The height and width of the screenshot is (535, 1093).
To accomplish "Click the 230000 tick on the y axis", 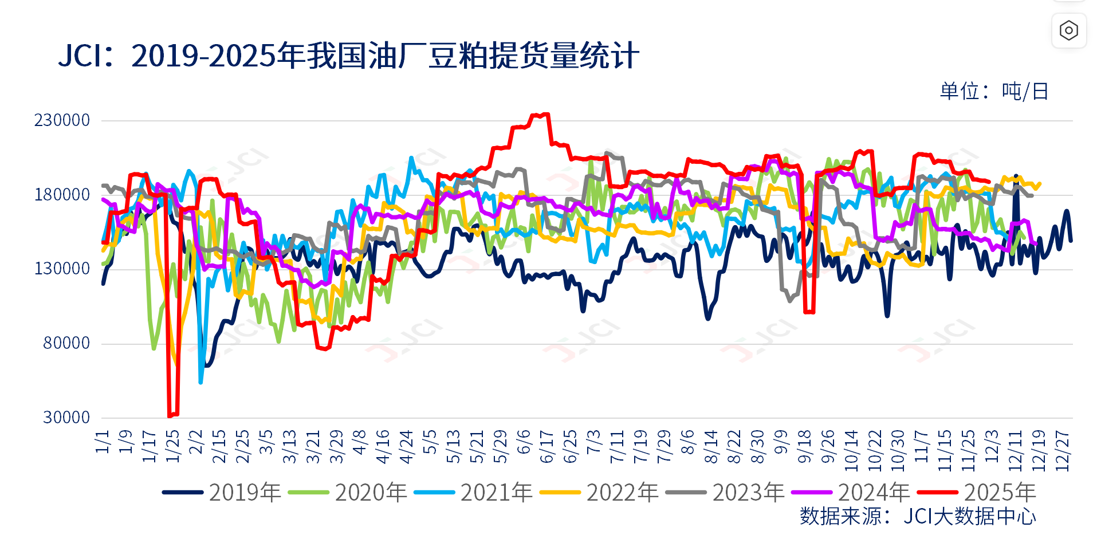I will (62, 120).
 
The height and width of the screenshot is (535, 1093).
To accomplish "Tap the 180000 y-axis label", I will (62, 195).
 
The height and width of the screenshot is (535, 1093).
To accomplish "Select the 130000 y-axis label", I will (62, 269).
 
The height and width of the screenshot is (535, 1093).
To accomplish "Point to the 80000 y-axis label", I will (66, 343).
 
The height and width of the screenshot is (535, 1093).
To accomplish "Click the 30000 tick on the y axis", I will (66, 418).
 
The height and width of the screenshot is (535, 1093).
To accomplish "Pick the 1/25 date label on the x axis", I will (172, 447).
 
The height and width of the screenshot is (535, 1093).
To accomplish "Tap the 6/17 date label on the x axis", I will (546, 447).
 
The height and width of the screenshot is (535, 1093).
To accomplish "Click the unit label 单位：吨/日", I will (994, 91).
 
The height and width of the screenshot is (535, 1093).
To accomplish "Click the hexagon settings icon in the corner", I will (1068, 30).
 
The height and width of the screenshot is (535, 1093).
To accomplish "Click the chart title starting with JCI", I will (348, 56).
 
